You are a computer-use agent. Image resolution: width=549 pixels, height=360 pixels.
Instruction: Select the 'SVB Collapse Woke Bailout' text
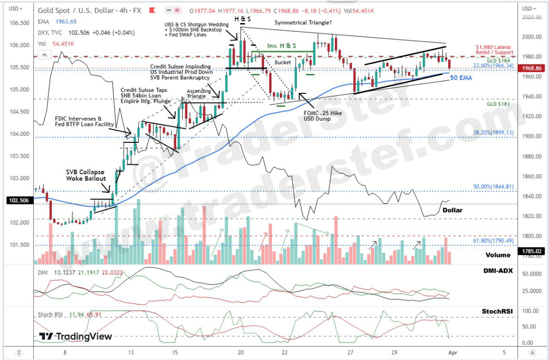click(x=86, y=175)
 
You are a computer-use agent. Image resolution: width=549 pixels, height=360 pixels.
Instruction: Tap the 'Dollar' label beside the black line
click(x=453, y=210)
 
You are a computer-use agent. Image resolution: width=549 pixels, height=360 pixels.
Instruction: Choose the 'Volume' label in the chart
click(x=498, y=255)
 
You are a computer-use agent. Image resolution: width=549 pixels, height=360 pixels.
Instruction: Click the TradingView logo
click(x=75, y=337)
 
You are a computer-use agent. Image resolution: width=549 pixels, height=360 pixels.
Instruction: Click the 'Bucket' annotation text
click(x=282, y=62)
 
